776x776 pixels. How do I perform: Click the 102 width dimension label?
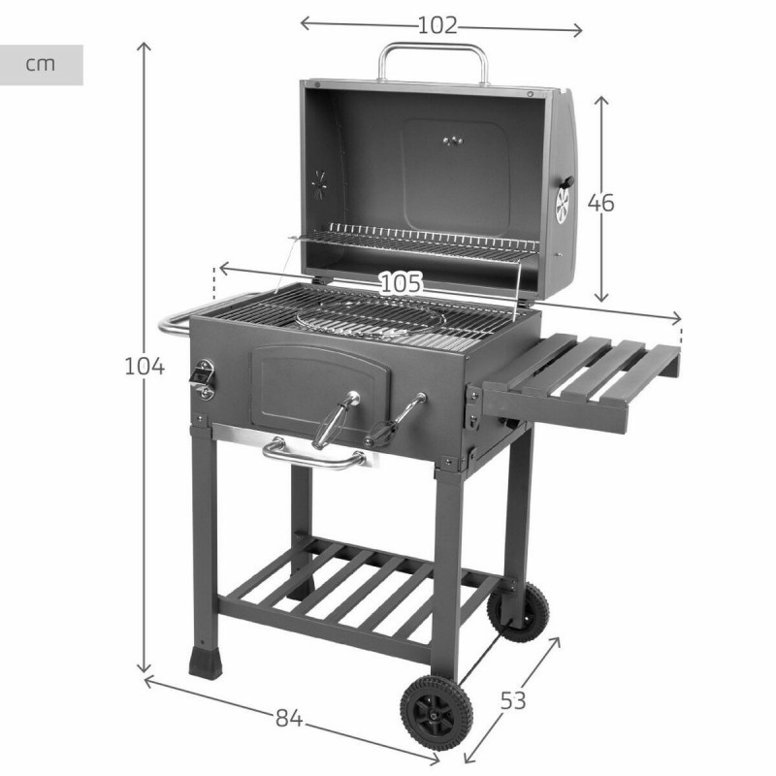436,26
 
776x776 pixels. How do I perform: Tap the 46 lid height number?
601,203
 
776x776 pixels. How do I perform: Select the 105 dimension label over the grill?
400,283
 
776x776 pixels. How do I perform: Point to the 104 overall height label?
145,367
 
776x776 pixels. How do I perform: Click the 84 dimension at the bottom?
286,719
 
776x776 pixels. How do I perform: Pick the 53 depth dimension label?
513,700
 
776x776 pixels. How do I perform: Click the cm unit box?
41,65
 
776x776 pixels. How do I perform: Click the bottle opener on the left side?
204,378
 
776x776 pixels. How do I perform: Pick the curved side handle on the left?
175,322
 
